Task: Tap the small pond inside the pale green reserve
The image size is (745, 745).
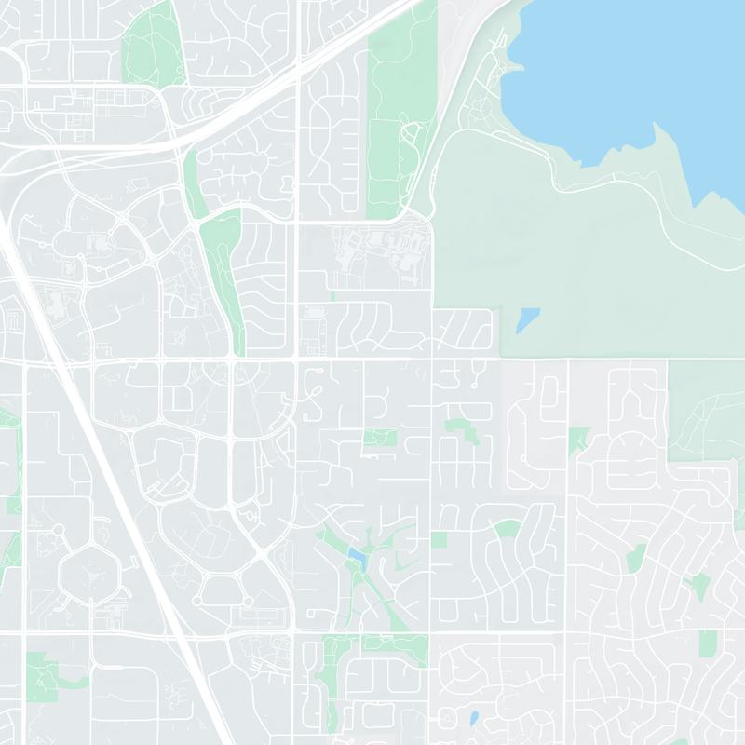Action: [526, 319]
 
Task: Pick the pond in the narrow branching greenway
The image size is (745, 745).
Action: [356, 557]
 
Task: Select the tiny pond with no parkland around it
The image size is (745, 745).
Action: [474, 718]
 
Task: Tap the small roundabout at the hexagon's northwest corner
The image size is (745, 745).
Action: [57, 530]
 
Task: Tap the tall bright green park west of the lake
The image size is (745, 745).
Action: [400, 112]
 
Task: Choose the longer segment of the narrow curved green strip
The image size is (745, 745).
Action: [223, 279]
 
